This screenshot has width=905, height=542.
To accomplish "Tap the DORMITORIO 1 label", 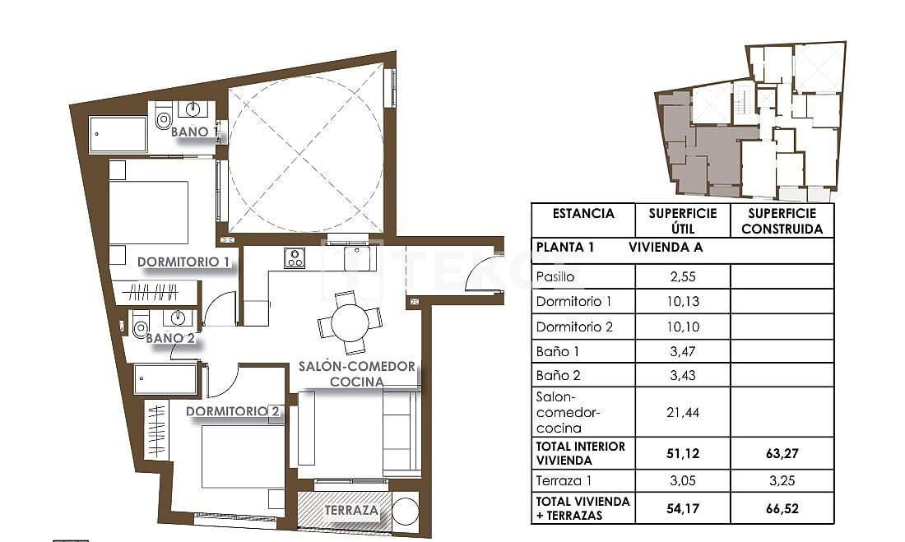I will [183, 262].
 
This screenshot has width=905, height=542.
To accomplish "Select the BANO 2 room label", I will [169, 337].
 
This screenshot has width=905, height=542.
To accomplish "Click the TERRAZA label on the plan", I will [351, 511].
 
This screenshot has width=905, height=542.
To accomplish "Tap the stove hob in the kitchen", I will [295, 258].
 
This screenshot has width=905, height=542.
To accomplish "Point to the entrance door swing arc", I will [484, 278].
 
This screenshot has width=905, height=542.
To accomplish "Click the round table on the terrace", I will [405, 511].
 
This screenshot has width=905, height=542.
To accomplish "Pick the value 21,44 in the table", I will [682, 413].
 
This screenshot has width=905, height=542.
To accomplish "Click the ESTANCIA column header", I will [583, 214].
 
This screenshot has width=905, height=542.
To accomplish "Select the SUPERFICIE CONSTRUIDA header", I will [782, 221].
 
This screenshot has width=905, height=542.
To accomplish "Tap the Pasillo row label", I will [555, 277].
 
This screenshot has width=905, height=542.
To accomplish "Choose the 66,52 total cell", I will [782, 508].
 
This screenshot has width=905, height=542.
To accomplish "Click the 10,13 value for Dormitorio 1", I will [682, 302].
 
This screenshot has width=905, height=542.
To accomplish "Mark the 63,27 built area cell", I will [782, 453].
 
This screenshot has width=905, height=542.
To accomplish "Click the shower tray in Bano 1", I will [118, 134].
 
